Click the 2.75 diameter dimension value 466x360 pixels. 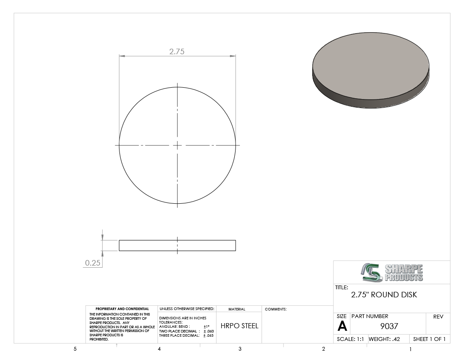click(177, 51)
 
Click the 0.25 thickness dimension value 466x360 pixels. click(93, 263)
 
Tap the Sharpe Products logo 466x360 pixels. click(392, 272)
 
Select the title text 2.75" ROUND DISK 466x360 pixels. click(384, 295)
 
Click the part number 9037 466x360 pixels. click(389, 326)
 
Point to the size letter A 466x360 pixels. click(342, 327)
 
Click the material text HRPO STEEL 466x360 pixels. click(239, 326)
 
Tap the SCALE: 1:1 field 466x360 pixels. click(350, 339)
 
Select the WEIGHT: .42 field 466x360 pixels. click(384, 339)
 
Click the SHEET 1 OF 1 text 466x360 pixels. click(429, 339)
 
